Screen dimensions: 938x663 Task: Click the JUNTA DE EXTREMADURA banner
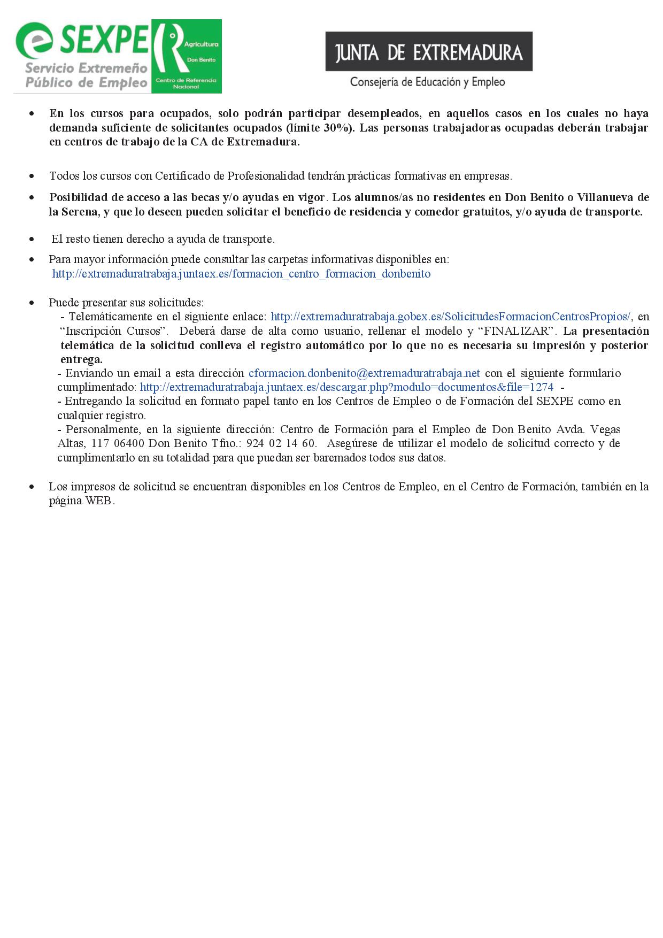[429, 52]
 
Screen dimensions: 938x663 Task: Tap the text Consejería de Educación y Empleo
[427, 82]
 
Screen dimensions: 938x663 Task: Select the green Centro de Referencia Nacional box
[186, 57]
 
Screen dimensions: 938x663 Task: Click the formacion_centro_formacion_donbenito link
[241, 274]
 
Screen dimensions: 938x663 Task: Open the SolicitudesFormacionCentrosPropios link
[451, 317]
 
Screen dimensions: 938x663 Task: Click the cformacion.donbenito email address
[364, 373]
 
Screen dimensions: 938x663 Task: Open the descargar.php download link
[346, 387]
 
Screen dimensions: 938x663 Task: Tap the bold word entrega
[81, 359]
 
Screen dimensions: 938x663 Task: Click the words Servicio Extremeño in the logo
[86, 68]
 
